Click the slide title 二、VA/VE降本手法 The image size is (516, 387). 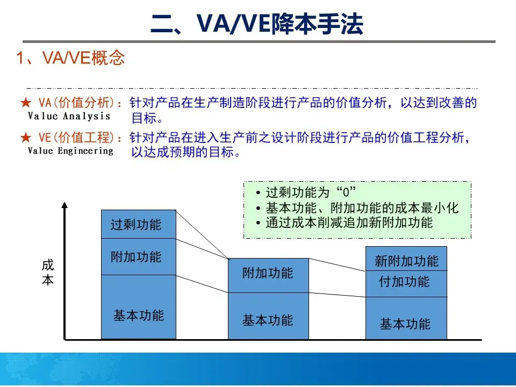[257, 25]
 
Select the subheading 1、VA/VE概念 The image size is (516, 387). [71, 58]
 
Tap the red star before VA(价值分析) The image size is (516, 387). [26, 103]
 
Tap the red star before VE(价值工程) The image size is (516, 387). [26, 138]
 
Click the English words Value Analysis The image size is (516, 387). [69, 116]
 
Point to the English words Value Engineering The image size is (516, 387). [70, 151]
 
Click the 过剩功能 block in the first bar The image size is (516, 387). [139, 224]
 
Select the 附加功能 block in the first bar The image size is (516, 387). [139, 256]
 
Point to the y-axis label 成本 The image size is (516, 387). [48, 273]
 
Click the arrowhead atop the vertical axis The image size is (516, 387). [65, 205]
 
